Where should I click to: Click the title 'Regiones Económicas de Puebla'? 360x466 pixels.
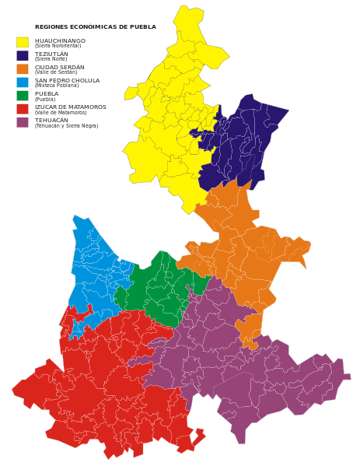(95, 26)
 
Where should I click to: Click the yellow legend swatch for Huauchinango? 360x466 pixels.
(23, 42)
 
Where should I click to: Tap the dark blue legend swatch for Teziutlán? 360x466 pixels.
(23, 55)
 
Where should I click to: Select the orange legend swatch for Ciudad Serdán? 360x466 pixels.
(23, 68)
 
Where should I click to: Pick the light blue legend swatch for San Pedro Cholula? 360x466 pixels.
(23, 82)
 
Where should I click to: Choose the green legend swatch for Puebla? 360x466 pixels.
(23, 95)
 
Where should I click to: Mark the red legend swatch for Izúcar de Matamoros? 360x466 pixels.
(23, 108)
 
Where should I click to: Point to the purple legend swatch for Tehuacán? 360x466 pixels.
(23, 121)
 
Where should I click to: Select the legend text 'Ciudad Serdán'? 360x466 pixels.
(59, 66)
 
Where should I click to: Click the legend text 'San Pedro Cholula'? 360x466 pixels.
(67, 79)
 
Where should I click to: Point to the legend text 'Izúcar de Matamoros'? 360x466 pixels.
(71, 106)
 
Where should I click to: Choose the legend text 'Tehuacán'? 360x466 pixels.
(51, 119)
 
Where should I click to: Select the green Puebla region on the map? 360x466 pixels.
(159, 288)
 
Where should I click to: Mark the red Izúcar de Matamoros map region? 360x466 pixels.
(109, 381)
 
